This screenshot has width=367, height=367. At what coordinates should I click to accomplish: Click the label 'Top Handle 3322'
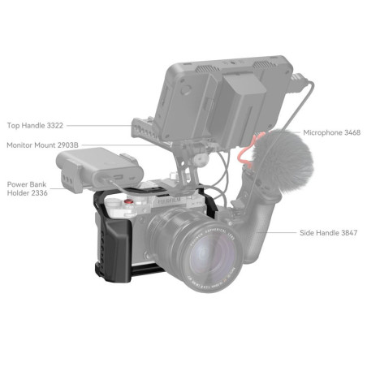pos(34,126)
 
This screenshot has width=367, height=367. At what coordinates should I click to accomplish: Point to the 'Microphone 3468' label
pos(331,132)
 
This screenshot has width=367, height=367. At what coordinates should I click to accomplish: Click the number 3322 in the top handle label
pos(54,126)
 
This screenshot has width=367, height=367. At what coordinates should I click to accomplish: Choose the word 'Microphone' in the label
pos(322,132)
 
